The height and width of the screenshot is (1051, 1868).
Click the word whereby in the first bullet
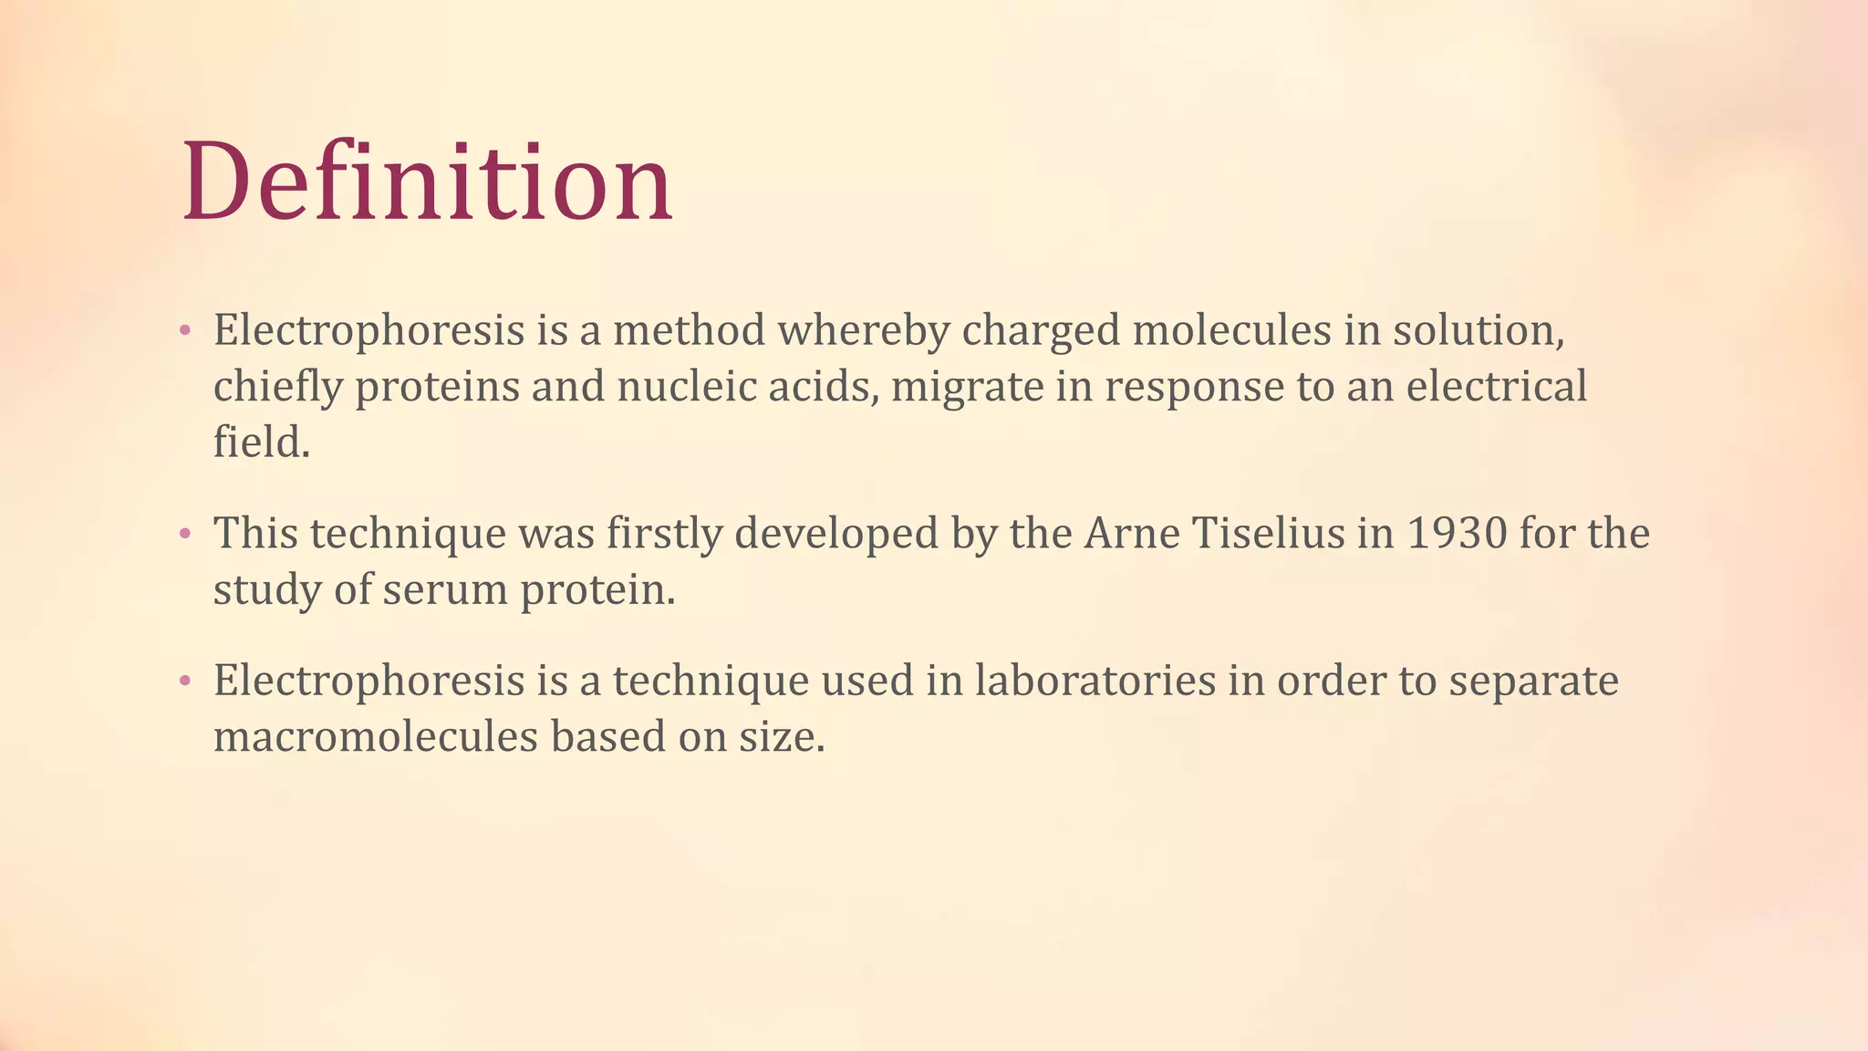tap(863, 330)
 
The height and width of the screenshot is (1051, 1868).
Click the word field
tap(261, 443)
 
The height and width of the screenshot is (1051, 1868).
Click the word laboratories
tap(1095, 681)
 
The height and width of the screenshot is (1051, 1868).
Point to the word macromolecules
tap(376, 737)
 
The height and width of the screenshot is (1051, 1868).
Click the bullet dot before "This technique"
tap(185, 534)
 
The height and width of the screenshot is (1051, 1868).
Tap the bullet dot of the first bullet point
tap(185, 330)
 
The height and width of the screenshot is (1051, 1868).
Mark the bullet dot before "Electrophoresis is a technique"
tap(185, 681)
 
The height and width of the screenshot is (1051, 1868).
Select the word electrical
tap(1496, 387)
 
